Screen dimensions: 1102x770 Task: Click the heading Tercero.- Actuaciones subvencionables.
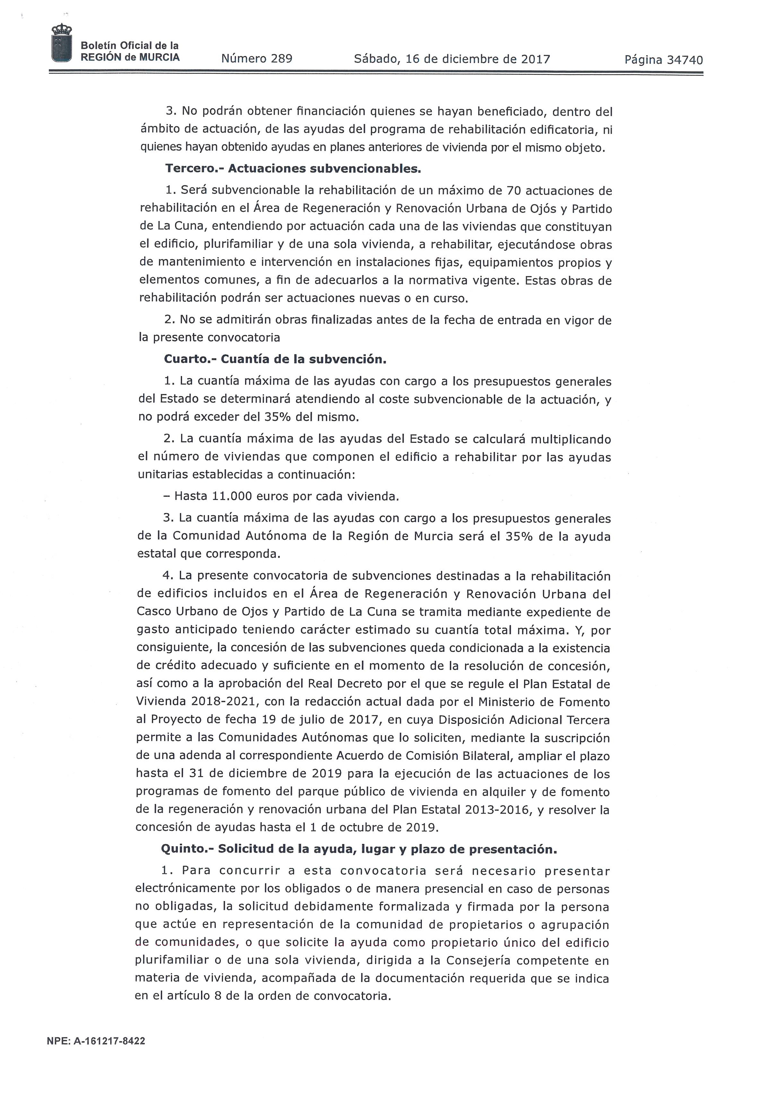293,169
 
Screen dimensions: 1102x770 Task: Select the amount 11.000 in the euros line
232,496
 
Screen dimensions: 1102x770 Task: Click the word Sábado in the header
375,59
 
